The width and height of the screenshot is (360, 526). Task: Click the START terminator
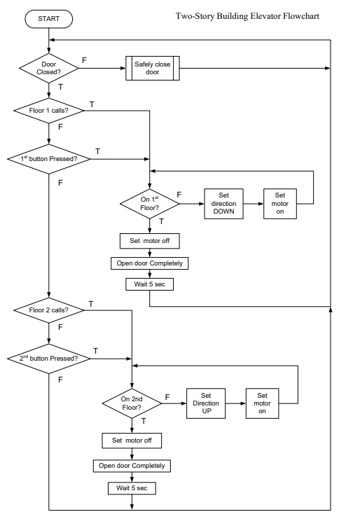click(48, 19)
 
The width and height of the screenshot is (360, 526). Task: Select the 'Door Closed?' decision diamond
click(48, 68)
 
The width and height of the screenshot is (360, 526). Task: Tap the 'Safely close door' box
click(152, 68)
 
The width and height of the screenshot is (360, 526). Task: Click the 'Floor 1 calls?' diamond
click(48, 111)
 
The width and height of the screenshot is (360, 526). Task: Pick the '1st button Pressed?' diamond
click(48, 159)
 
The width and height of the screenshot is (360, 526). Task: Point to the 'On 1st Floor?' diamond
click(150, 204)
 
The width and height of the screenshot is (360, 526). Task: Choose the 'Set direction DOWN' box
click(224, 204)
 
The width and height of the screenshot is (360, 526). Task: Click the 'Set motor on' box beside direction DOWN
click(280, 204)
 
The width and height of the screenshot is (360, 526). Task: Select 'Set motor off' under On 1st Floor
click(150, 241)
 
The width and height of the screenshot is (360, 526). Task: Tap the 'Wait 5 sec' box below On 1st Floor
click(150, 284)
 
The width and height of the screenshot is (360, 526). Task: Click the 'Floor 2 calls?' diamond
click(48, 310)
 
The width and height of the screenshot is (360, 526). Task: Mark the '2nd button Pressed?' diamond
click(48, 359)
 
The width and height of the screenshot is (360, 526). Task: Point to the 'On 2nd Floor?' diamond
click(132, 403)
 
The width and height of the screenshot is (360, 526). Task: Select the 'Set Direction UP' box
click(206, 403)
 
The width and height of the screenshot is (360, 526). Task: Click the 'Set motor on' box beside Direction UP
click(262, 403)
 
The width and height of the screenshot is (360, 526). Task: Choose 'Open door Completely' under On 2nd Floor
click(132, 466)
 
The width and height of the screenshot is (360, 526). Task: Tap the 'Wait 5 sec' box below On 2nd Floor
click(132, 488)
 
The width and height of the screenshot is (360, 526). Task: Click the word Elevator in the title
click(265, 16)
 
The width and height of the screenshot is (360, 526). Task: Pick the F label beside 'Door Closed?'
click(84, 60)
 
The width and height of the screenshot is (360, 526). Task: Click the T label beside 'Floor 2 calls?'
click(91, 304)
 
